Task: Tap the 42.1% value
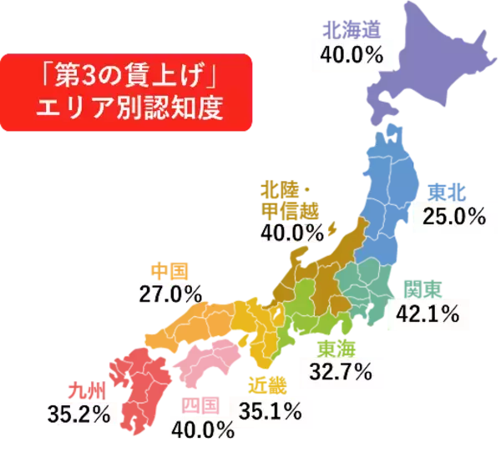coord(427,314)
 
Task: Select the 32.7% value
coord(340,371)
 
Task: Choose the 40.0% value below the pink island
coord(201,430)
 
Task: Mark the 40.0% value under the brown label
coord(291,233)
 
